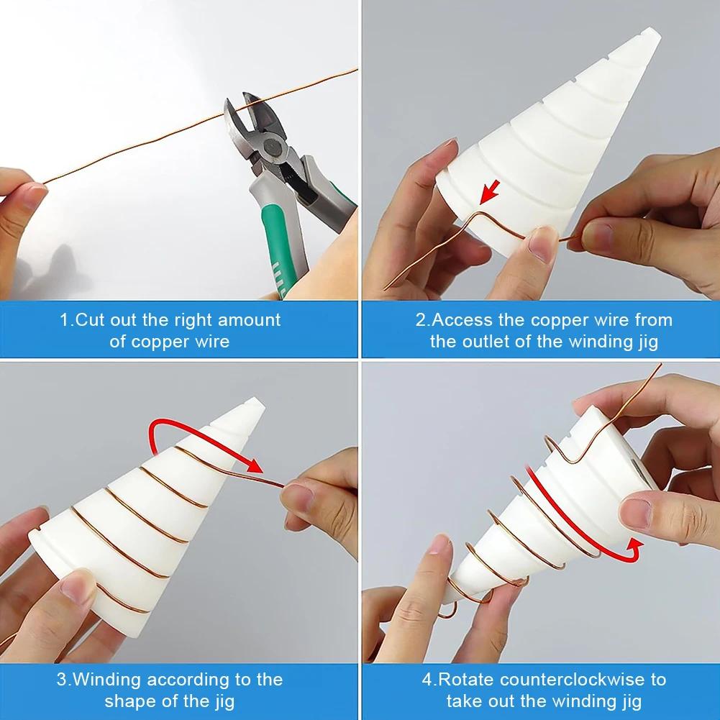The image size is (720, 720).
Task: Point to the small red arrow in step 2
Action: (x=490, y=192)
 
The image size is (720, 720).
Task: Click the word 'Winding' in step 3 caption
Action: (x=106, y=680)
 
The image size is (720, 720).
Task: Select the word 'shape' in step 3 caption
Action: (x=132, y=702)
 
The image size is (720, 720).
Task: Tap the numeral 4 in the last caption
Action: (x=427, y=680)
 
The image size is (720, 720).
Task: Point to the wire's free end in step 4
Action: (x=660, y=365)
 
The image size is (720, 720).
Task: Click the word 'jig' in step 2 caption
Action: (x=648, y=342)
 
